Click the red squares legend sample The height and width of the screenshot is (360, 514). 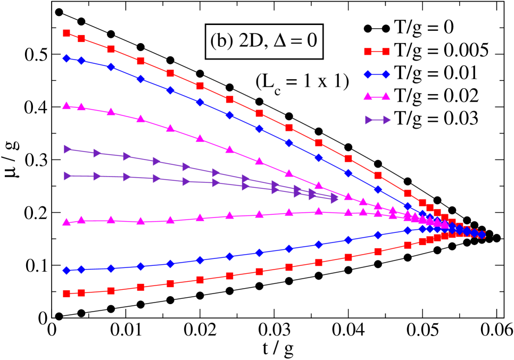click(x=377, y=52)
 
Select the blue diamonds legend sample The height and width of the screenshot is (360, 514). click(x=377, y=74)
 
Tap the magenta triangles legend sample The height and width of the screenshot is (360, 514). click(x=377, y=97)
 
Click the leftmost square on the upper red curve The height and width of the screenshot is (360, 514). click(x=67, y=33)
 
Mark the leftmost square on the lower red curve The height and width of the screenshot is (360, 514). click(x=67, y=294)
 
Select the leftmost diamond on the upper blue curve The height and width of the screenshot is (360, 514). click(x=67, y=58)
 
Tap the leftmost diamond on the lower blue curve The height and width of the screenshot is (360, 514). click(x=67, y=271)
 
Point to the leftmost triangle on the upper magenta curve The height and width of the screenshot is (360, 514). click(x=67, y=106)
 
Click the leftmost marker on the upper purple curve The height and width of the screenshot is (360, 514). click(x=68, y=149)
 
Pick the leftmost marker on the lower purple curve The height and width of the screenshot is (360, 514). click(x=68, y=176)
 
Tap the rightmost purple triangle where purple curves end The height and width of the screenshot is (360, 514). click(x=334, y=199)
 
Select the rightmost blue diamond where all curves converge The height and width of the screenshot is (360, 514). click(x=482, y=235)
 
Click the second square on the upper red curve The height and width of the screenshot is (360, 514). click(x=81, y=38)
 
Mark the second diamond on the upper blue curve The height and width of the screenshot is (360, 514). click(x=81, y=61)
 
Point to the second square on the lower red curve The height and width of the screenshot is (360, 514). click(x=81, y=292)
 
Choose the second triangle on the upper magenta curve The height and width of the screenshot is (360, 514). click(x=81, y=107)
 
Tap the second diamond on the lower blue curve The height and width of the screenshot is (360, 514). click(x=81, y=269)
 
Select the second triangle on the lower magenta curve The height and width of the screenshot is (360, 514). click(x=81, y=220)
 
